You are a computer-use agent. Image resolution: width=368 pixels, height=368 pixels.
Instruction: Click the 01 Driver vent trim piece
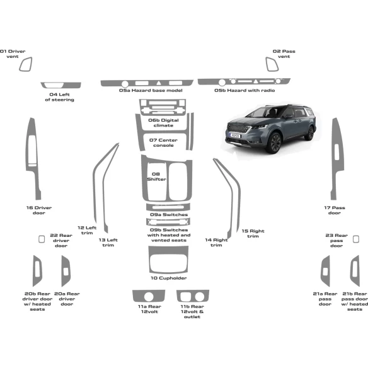(26, 65)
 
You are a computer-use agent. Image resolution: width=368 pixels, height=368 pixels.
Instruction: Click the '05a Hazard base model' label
(151, 91)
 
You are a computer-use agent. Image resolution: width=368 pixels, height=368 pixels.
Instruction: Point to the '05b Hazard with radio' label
(244, 91)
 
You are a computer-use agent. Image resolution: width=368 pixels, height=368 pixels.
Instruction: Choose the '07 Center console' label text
(163, 142)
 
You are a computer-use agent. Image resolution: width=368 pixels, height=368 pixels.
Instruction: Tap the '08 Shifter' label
(156, 176)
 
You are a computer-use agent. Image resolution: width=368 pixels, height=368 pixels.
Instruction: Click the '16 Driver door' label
(38, 210)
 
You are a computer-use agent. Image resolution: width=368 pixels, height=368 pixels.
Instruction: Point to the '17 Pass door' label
(335, 210)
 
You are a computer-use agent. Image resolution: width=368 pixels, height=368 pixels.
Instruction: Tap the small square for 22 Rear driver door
(42, 239)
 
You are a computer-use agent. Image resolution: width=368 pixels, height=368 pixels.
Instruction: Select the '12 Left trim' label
(87, 230)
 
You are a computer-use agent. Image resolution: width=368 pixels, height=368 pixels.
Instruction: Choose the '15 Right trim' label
(253, 233)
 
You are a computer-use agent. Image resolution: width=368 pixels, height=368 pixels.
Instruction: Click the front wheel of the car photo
(274, 143)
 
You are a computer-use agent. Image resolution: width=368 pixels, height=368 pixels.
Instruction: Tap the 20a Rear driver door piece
(66, 271)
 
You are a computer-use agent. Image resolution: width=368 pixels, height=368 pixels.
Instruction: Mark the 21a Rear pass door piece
(325, 271)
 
